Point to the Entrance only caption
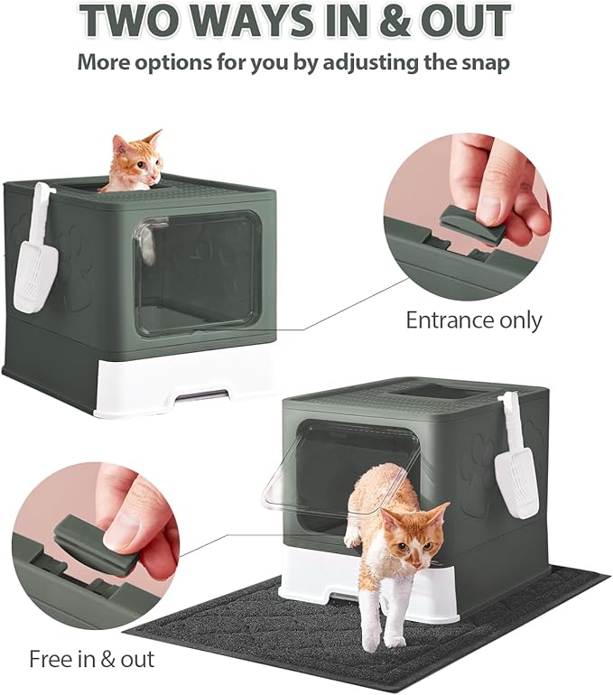tap(473, 320)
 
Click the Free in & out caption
tap(91, 658)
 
